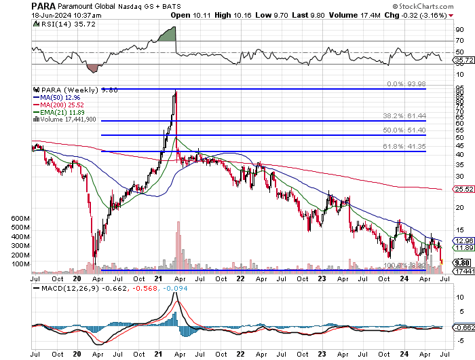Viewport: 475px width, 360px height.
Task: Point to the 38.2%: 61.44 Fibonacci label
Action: [x=405, y=116]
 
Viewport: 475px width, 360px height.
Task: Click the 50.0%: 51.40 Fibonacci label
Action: [x=405, y=130]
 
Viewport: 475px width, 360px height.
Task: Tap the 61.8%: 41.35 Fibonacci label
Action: [x=405, y=147]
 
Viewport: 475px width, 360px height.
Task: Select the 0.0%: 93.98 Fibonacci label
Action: [x=406, y=84]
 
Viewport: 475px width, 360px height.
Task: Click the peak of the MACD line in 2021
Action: [x=175, y=293]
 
